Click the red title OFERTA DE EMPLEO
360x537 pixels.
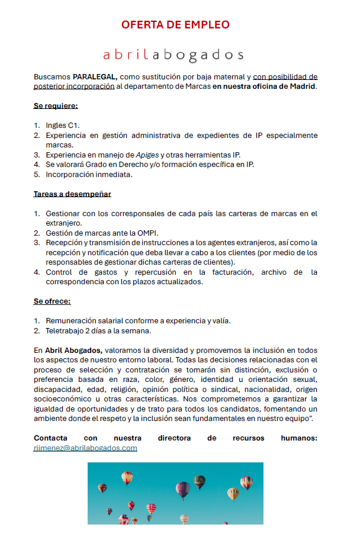tap(175, 25)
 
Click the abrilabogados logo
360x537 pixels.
tap(173, 55)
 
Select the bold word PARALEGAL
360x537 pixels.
tap(95, 77)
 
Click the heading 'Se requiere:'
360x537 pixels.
tap(56, 107)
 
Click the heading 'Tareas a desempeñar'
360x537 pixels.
tap(72, 194)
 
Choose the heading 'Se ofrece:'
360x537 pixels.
tap(52, 301)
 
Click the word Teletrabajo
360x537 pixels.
tap(67, 330)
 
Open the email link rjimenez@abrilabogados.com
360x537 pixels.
tap(85, 448)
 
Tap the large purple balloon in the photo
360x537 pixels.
tap(184, 489)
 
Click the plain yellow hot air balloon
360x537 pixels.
tap(233, 493)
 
